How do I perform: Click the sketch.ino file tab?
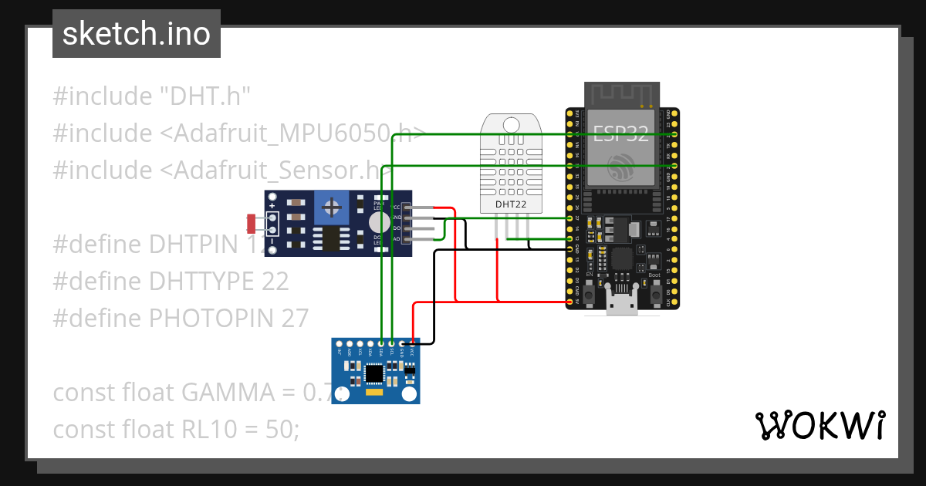[137, 34]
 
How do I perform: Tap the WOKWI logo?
[820, 425]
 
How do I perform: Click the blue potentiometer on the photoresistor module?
[333, 207]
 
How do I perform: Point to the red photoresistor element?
[251, 224]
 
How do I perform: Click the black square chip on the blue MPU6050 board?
[374, 374]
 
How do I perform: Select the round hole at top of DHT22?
[511, 125]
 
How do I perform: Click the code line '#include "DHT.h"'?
[152, 96]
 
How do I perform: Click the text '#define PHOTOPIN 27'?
[181, 318]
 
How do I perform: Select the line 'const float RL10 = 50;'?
[176, 429]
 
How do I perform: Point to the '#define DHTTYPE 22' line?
[171, 281]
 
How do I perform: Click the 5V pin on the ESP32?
[570, 302]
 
